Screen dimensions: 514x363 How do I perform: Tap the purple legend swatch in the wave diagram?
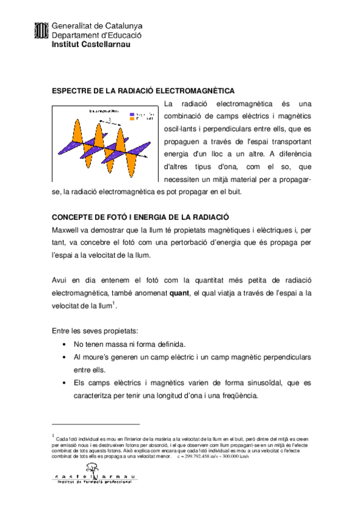[132, 114]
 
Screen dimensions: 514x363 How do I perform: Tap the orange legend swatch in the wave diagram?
[132, 119]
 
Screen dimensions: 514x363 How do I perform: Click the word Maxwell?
[68, 231]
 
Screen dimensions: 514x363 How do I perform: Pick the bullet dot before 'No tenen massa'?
[65, 344]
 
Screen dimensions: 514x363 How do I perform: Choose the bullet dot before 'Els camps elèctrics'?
[65, 383]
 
